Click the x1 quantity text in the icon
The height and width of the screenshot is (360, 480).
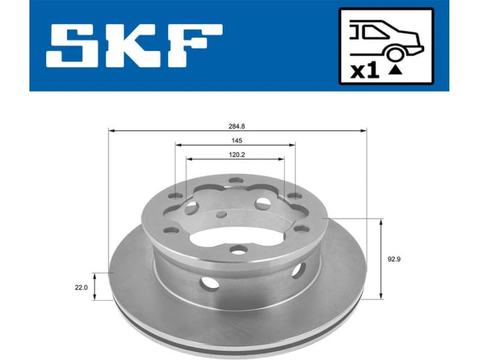coord(364,71)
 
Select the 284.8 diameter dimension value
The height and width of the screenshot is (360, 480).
coord(237,127)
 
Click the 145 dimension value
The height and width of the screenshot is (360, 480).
coord(236,141)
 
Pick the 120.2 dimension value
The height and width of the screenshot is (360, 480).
coord(235,155)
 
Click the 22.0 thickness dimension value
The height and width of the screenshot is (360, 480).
coord(82,287)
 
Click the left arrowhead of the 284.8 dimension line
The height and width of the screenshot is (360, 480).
coord(111,130)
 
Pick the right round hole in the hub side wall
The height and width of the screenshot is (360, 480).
coord(298,272)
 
